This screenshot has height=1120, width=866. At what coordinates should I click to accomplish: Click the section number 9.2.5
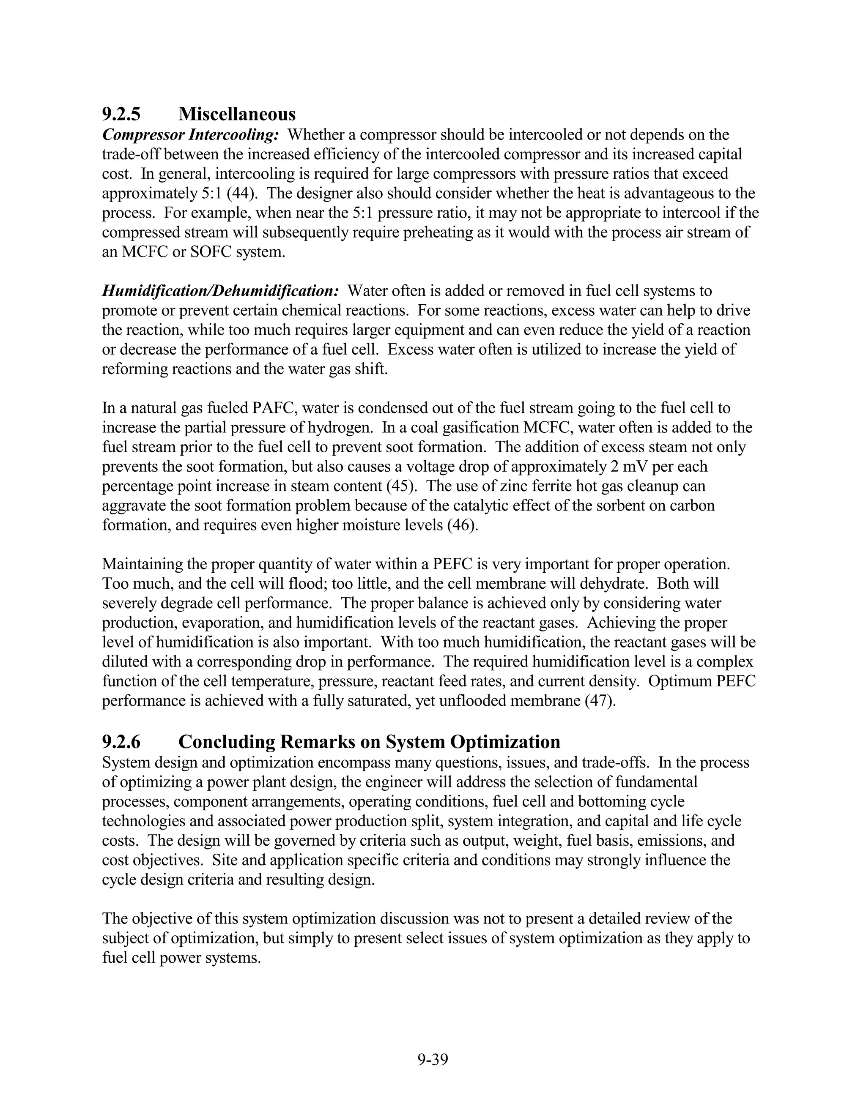click(121, 113)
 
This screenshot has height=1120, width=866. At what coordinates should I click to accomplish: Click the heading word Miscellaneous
click(237, 113)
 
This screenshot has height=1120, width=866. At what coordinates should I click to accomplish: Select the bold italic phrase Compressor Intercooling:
click(190, 135)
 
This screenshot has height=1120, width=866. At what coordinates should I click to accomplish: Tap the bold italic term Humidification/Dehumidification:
click(220, 291)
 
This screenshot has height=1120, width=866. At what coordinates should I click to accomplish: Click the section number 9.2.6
click(121, 742)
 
